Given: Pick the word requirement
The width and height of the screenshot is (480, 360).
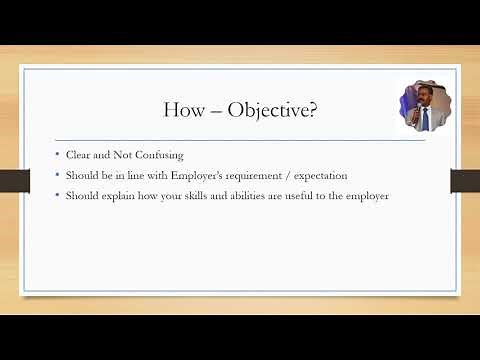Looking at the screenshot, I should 264,176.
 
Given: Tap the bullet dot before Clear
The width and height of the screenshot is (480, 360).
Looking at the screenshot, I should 58,156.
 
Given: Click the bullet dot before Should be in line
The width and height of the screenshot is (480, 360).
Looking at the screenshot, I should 58,176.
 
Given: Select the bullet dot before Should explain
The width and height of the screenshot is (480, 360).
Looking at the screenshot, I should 58,196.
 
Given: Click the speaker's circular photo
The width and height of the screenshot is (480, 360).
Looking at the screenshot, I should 422,106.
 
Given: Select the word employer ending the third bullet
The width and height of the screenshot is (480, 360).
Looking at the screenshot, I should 366,196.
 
